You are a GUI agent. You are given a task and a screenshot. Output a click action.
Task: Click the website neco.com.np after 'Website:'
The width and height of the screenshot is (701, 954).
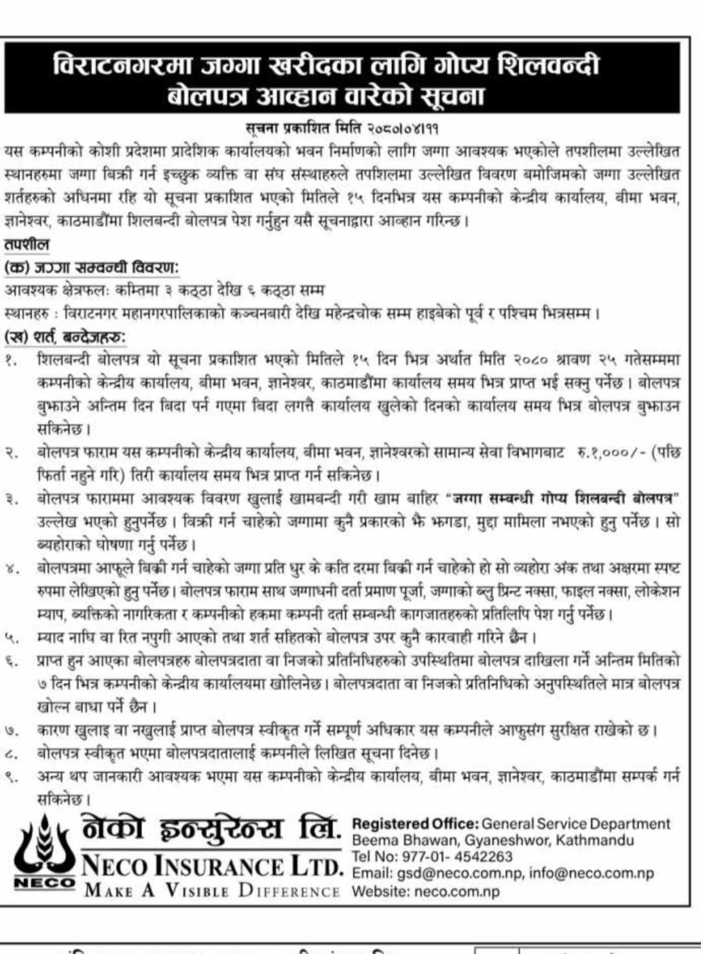tap(457, 891)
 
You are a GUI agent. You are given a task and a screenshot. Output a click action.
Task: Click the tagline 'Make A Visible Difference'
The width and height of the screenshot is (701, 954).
tap(212, 890)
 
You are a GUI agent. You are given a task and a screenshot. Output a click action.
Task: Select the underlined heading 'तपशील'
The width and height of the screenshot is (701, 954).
tap(27, 245)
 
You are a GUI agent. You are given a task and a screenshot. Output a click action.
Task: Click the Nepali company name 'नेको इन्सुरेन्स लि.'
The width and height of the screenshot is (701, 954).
tap(211, 830)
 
